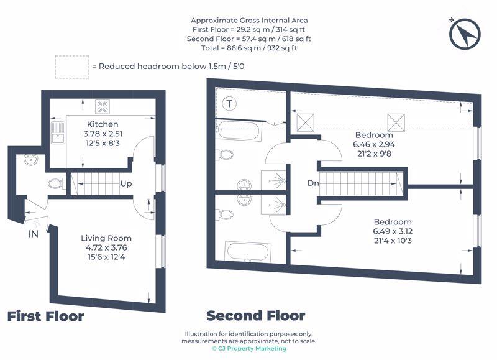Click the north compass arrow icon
pyautogui.click(x=465, y=34)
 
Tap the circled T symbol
pyautogui.click(x=229, y=103)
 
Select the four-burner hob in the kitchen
pyautogui.click(x=103, y=106)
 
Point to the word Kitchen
pyautogui.click(x=103, y=124)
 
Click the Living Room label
pyautogui.click(x=106, y=238)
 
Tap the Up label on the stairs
pyautogui.click(x=126, y=184)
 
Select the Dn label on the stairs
pyautogui.click(x=313, y=183)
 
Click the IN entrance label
pyautogui.click(x=34, y=234)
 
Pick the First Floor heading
pyautogui.click(x=45, y=316)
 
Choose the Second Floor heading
pyautogui.click(x=256, y=316)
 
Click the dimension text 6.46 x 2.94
pyautogui.click(x=374, y=145)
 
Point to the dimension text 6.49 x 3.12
pyautogui.click(x=393, y=231)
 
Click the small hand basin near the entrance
pyautogui.click(x=30, y=159)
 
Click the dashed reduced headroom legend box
pyautogui.click(x=72, y=67)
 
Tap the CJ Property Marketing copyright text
pyautogui.click(x=249, y=349)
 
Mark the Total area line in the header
pyautogui.click(x=249, y=48)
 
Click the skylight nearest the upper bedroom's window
pyautogui.click(x=396, y=122)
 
